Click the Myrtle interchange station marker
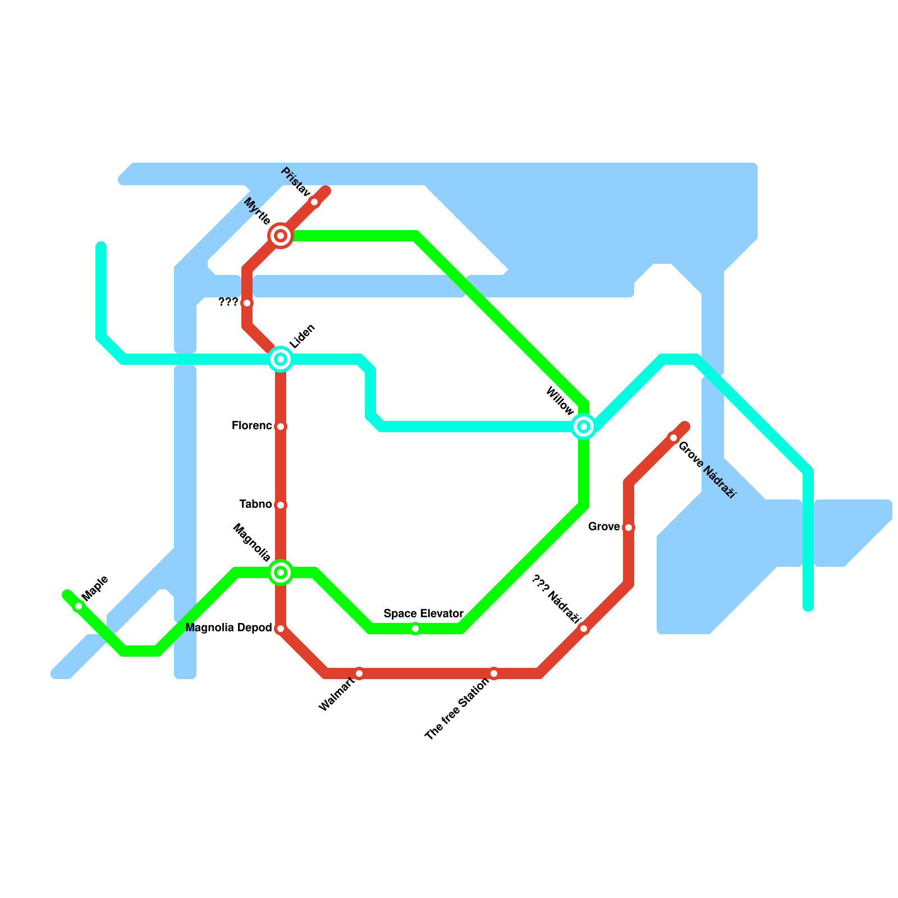[x=281, y=236]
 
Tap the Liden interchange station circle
[x=281, y=359]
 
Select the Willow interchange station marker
[x=584, y=427]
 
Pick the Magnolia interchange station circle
[x=281, y=572]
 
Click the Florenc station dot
[x=281, y=427]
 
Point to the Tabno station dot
[x=281, y=505]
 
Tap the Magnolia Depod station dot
[x=281, y=629]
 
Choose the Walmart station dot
[x=359, y=673]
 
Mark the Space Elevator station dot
[x=415, y=629]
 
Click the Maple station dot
[x=79, y=606]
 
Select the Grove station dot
[x=629, y=528]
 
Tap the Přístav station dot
[x=314, y=202]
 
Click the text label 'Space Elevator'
[x=423, y=613]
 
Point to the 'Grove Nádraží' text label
[x=707, y=470]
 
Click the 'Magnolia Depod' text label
[x=228, y=628]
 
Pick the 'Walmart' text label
[x=336, y=695]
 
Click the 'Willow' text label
[x=560, y=401]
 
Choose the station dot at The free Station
[x=494, y=673]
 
